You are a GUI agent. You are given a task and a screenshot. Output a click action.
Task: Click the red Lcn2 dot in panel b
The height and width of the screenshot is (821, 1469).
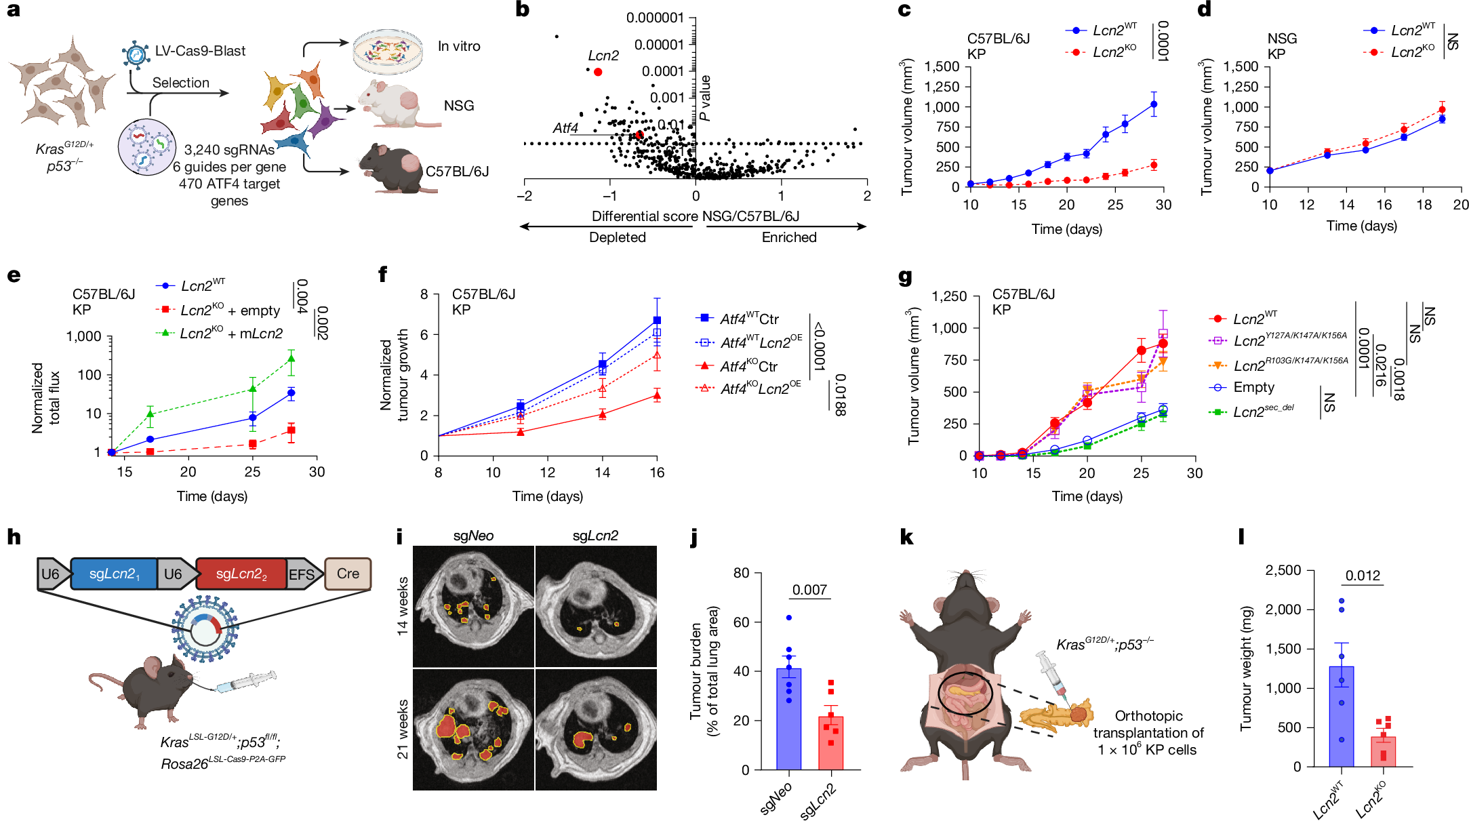597,72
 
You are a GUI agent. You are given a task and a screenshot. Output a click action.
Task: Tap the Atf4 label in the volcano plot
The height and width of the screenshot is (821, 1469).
565,128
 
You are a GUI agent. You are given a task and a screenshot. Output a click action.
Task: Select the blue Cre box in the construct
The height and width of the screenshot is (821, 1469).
348,574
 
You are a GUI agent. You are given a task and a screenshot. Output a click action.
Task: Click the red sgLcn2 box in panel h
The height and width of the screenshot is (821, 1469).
241,574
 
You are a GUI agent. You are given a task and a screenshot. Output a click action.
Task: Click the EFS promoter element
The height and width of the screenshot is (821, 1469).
302,575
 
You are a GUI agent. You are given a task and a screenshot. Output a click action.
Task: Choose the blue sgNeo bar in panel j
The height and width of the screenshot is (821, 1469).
788,719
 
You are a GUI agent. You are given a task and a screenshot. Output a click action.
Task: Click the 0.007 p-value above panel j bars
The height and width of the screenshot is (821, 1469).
809,590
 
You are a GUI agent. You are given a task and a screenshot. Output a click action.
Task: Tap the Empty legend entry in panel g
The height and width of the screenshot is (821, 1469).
1253,387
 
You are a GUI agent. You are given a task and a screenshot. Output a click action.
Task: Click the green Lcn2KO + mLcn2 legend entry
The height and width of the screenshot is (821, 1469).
230,334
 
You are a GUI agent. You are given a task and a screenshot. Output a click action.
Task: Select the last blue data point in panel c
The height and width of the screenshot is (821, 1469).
1154,104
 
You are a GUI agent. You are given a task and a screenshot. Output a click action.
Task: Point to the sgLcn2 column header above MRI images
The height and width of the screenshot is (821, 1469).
595,536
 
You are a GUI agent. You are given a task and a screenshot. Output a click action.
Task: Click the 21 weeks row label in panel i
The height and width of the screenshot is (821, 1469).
403,729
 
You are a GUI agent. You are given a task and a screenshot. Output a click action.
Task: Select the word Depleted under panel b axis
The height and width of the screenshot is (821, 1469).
617,237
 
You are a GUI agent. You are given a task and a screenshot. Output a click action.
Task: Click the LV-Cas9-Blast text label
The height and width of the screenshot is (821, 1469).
200,51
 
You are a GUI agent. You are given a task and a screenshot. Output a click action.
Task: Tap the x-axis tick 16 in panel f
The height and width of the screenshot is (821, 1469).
656,473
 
